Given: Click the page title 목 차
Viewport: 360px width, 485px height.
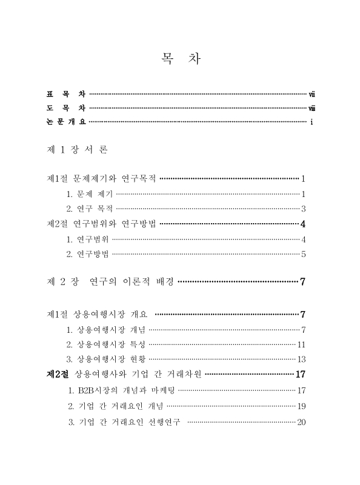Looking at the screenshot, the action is [x=180, y=59].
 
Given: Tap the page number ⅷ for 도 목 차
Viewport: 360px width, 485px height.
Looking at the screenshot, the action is [x=311, y=109].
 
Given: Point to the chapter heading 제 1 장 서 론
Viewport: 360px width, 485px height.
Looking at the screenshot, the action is [x=77, y=149].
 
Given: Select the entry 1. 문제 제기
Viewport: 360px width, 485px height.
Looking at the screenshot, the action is [x=89, y=194].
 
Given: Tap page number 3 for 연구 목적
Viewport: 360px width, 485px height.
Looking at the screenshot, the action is [x=302, y=209].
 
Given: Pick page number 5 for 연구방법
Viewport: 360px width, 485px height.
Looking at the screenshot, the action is [x=302, y=254].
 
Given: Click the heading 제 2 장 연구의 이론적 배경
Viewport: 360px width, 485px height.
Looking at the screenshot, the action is [x=111, y=282].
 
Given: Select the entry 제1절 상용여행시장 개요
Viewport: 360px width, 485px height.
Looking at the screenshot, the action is [x=97, y=315].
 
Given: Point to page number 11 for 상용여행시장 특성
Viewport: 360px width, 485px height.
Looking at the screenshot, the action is [x=301, y=344].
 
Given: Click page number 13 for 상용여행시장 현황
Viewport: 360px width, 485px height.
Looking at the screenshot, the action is [x=301, y=360].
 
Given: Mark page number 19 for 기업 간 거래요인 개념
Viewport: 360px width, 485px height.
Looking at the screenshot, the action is [x=301, y=406].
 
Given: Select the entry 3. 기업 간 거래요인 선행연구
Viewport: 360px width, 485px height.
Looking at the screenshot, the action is [x=124, y=421].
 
